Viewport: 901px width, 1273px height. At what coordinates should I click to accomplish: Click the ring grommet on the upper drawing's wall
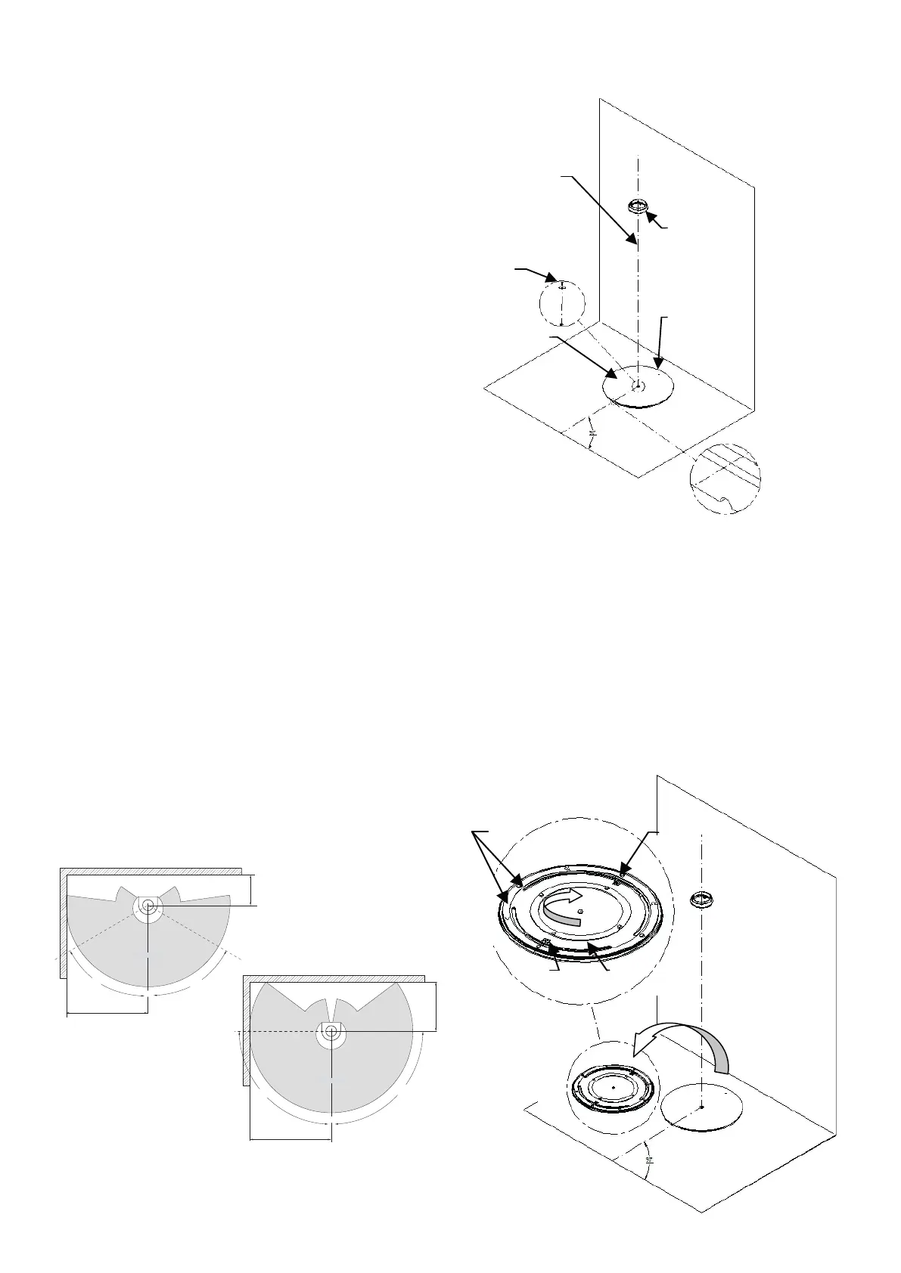coord(640,205)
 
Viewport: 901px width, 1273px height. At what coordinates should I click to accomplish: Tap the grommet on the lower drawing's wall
coord(703,900)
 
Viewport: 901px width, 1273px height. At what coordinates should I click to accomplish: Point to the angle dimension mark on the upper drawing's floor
coord(593,434)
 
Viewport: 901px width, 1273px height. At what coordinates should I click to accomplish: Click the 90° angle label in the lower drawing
coord(649,1179)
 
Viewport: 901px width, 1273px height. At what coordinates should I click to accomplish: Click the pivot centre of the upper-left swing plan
coord(148,905)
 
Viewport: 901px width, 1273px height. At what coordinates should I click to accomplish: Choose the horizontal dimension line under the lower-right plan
coord(290,1138)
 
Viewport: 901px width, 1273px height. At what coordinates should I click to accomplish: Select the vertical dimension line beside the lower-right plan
coord(437,1006)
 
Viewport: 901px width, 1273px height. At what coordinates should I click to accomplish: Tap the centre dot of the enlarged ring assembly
coord(579,912)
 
